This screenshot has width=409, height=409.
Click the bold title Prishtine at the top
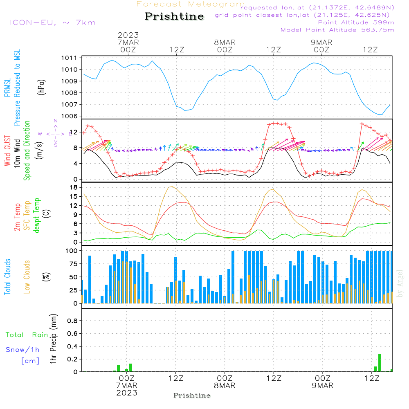click(x=174, y=16)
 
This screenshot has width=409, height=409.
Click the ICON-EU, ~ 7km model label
click(x=53, y=22)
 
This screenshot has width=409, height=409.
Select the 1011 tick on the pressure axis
click(x=69, y=58)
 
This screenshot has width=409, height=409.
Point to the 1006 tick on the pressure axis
click(x=69, y=116)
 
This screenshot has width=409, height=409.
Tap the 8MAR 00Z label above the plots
click(x=225, y=46)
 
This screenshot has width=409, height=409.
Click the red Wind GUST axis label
click(x=7, y=151)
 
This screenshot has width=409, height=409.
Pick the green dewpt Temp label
click(x=36, y=215)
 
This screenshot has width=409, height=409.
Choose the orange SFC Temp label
click(x=27, y=216)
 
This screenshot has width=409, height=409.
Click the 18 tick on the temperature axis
click(x=74, y=187)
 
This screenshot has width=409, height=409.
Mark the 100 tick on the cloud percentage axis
click(x=71, y=251)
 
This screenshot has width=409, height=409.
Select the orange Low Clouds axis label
click(x=27, y=277)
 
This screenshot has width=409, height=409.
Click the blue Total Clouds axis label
click(x=7, y=277)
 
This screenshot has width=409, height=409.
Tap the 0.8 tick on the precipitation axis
click(x=72, y=321)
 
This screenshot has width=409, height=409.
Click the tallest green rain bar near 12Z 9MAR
click(x=380, y=363)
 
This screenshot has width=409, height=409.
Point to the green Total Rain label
click(x=27, y=335)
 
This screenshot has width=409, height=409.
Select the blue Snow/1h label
click(x=22, y=350)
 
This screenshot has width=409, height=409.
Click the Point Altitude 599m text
click(x=356, y=22)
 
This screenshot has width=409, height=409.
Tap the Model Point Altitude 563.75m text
click(x=337, y=30)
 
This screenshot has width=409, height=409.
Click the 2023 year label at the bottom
click(x=127, y=393)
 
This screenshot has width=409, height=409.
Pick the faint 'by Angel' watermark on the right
click(x=400, y=283)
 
